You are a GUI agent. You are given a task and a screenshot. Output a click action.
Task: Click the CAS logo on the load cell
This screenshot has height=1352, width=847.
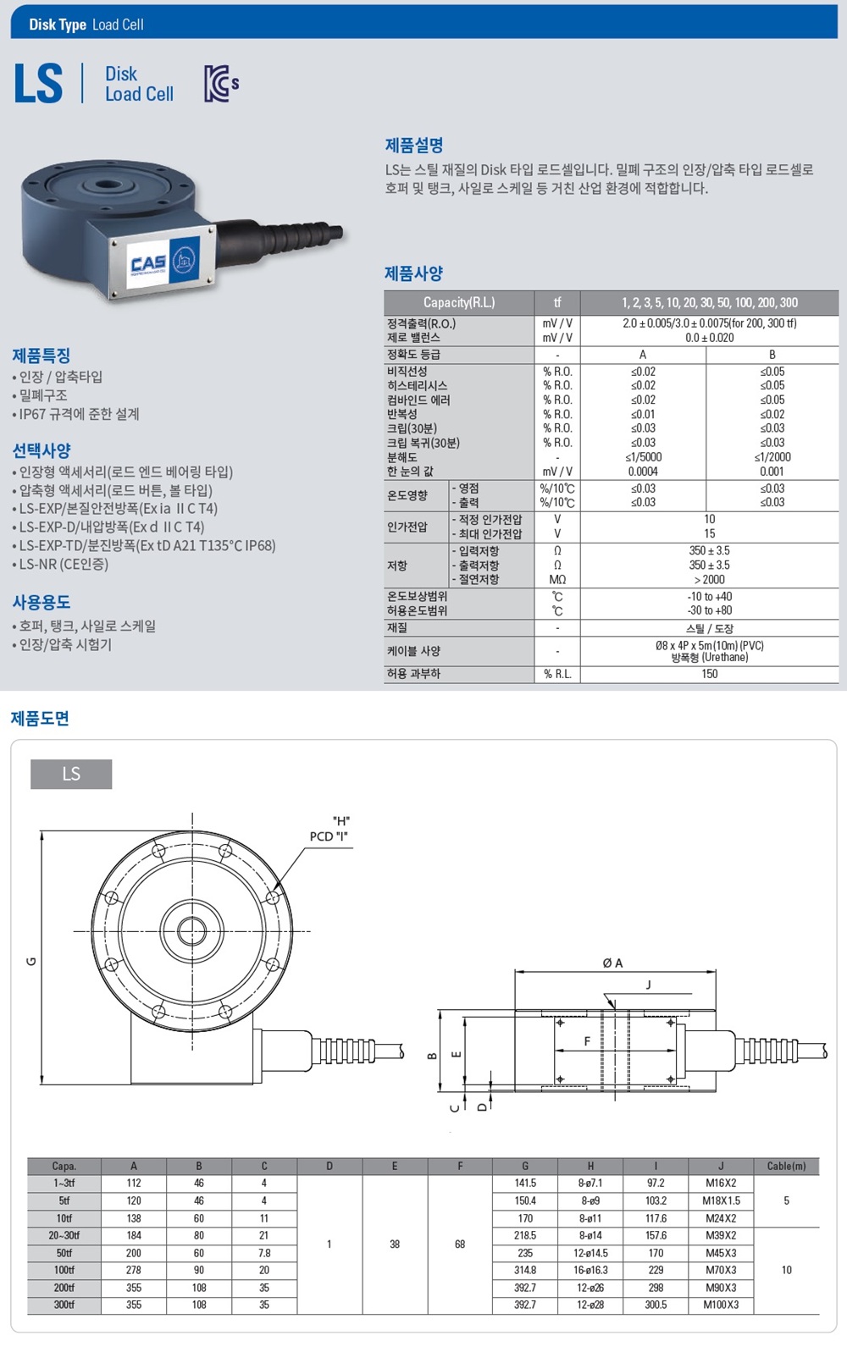pyautogui.click(x=148, y=264)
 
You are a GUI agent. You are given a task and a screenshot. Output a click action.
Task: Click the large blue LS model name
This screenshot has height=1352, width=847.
pyautogui.click(x=39, y=84)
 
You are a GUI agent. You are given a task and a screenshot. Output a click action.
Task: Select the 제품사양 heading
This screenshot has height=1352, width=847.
pyautogui.click(x=414, y=273)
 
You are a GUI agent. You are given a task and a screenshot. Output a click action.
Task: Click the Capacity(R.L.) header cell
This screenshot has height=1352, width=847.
pyautogui.click(x=459, y=302)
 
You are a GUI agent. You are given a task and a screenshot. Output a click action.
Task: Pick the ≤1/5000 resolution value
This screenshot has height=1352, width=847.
pyautogui.click(x=643, y=457)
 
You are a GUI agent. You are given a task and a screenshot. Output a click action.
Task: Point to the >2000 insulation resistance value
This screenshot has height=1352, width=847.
pyautogui.click(x=709, y=579)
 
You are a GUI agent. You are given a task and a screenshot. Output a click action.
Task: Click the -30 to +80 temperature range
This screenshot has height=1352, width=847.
pyautogui.click(x=709, y=610)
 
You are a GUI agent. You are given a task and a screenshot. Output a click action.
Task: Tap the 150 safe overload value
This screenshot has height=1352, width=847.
pyautogui.click(x=709, y=674)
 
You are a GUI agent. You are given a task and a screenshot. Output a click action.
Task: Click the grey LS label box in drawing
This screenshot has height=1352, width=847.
pyautogui.click(x=71, y=774)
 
